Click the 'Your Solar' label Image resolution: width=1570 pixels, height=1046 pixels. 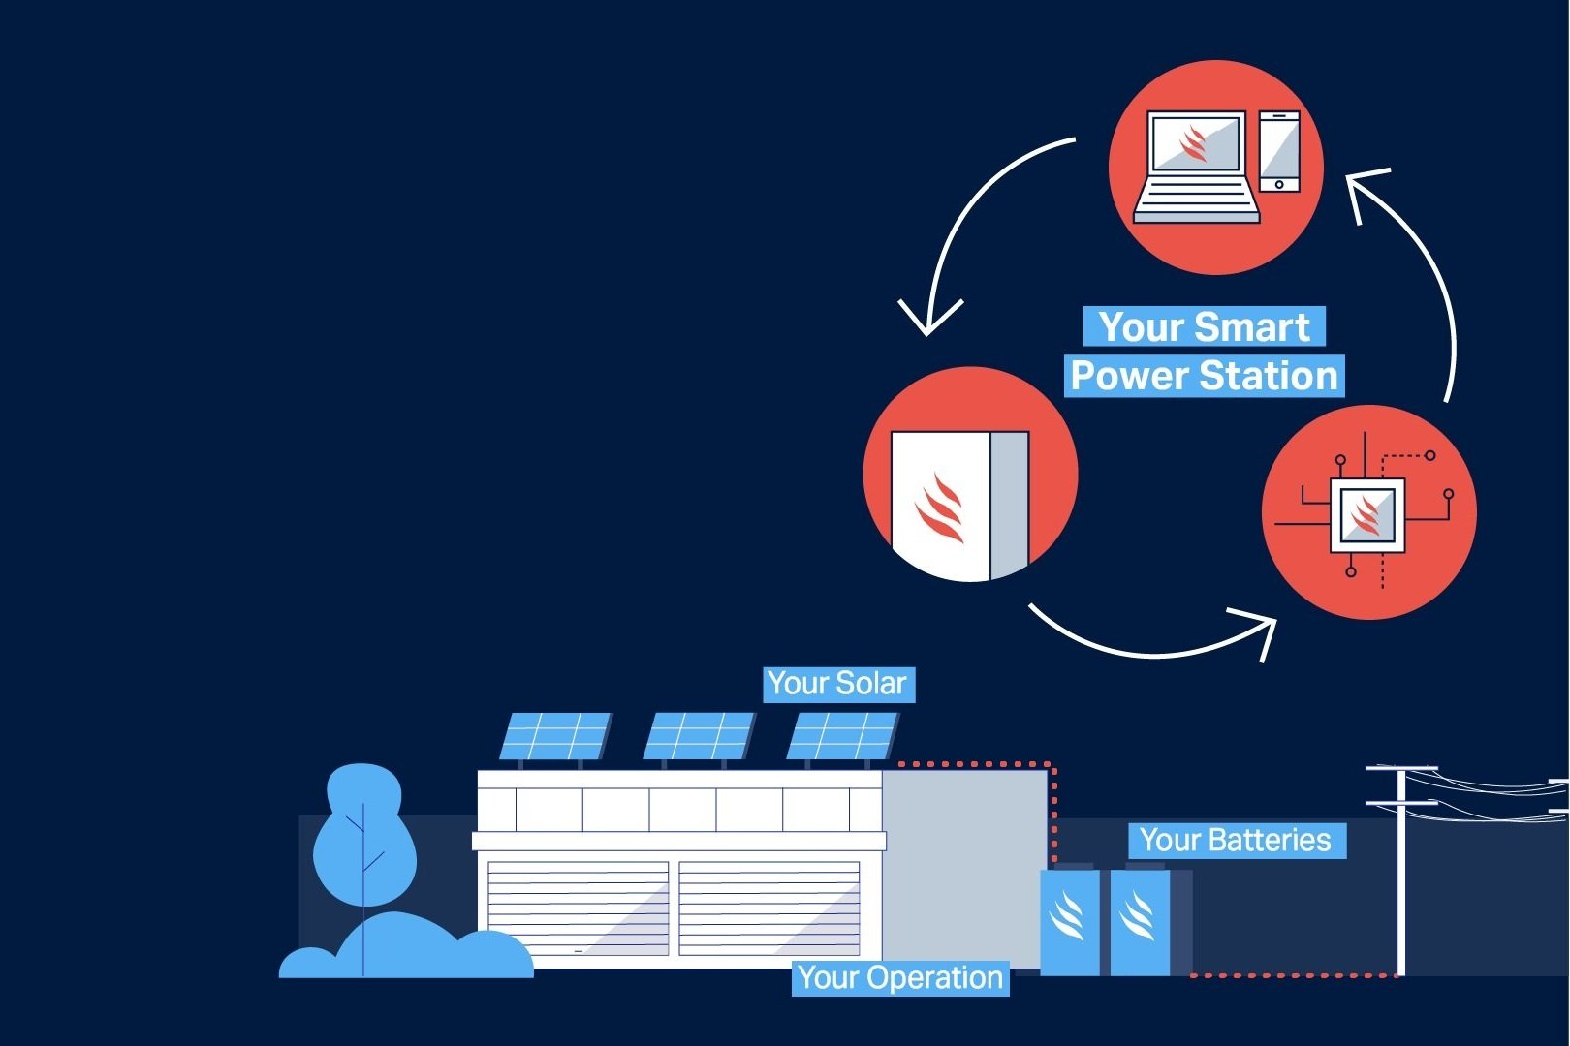coord(838,684)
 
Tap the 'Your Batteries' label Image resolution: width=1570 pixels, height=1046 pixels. coord(1236,840)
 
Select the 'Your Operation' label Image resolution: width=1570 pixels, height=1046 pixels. coord(900,978)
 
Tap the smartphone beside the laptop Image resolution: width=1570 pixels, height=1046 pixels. coord(1279,151)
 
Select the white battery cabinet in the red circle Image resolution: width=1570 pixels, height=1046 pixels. coord(959,504)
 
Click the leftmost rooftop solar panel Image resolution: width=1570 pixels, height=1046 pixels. coord(554,736)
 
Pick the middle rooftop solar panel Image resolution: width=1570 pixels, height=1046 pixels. coord(698,736)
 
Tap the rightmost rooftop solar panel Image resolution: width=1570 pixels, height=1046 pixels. coord(841,736)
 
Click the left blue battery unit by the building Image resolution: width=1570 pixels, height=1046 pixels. coord(1069,920)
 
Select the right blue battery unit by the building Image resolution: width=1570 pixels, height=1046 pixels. coord(1139,920)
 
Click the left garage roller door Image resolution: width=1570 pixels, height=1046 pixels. coord(578,908)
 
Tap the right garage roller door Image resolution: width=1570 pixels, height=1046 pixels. coord(769,908)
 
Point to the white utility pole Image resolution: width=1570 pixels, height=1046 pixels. coord(1400,872)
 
